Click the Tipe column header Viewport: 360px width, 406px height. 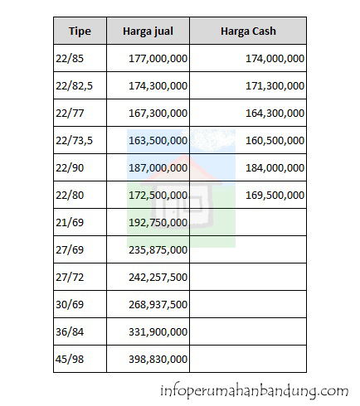click(79, 31)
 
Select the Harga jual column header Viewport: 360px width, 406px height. click(148, 31)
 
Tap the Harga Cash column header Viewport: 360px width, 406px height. click(248, 31)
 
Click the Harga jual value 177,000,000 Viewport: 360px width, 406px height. click(158, 59)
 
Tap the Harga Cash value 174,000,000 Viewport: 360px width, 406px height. click(275, 59)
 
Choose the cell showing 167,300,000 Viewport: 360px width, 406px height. click(158, 114)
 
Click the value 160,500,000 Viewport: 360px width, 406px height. click(275, 141)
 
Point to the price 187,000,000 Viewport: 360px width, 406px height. click(158, 168)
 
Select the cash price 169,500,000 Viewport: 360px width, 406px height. click(275, 196)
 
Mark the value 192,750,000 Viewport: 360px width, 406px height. click(158, 222)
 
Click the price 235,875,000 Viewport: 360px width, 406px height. click(158, 249)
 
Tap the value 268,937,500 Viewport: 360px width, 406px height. click(158, 304)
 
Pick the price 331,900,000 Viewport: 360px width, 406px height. click(158, 331)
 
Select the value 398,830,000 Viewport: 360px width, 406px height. click(158, 359)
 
